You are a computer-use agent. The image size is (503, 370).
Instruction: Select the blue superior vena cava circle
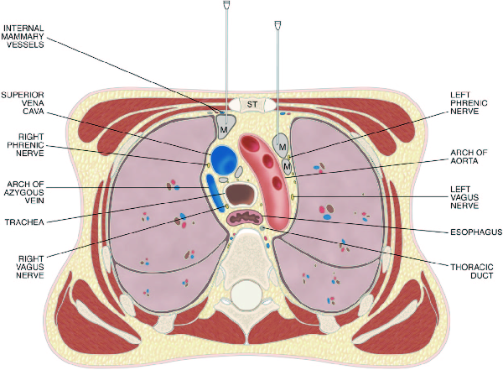223,159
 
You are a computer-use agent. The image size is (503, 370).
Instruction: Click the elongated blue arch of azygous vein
215,194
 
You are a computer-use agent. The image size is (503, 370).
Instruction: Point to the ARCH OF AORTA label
469,157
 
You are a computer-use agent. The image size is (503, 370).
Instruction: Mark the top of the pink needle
226,6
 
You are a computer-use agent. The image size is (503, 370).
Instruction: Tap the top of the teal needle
278,25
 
